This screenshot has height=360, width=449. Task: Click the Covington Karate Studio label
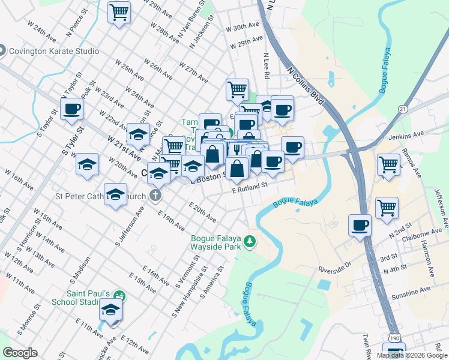tap(53, 51)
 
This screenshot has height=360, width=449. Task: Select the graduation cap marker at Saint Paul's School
tap(110, 310)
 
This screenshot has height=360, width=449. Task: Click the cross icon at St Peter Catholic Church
tap(155, 195)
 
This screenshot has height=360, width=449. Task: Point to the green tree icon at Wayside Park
tap(250, 242)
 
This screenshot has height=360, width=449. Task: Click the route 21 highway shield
tap(402, 109)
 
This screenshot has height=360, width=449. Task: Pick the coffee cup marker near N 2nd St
tap(360, 226)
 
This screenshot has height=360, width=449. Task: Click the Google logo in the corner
tap(20, 353)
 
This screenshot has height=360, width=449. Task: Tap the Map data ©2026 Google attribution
tap(411, 355)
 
